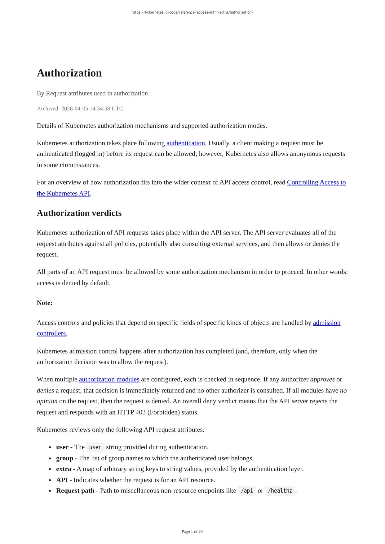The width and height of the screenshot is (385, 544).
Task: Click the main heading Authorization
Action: coord(69,73)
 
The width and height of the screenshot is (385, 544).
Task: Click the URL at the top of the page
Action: coord(192,12)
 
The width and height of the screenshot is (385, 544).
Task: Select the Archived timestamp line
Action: coord(80,108)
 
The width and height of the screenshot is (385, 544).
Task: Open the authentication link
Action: coord(185,143)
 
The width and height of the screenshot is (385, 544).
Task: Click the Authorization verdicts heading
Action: coord(79,213)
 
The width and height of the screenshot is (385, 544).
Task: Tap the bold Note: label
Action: coord(45,303)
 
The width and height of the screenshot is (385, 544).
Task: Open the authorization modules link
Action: coord(109,379)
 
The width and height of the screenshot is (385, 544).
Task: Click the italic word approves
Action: coord(322,379)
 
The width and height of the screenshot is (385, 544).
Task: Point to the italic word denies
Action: coord(45,390)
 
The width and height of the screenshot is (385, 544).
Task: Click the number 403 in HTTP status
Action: coord(140,412)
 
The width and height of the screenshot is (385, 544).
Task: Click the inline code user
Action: coord(95,447)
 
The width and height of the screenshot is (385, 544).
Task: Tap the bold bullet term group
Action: coord(64,458)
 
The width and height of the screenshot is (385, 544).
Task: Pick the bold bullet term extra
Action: coord(64,469)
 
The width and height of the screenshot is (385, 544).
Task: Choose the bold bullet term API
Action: coord(62,480)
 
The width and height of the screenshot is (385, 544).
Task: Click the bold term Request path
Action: coord(75,491)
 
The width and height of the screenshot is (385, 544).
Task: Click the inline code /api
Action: coord(247,491)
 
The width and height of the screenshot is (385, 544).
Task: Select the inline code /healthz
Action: coord(280,491)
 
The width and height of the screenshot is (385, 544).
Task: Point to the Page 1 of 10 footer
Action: coord(192,532)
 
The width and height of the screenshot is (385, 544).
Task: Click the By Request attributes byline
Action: coord(92,93)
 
